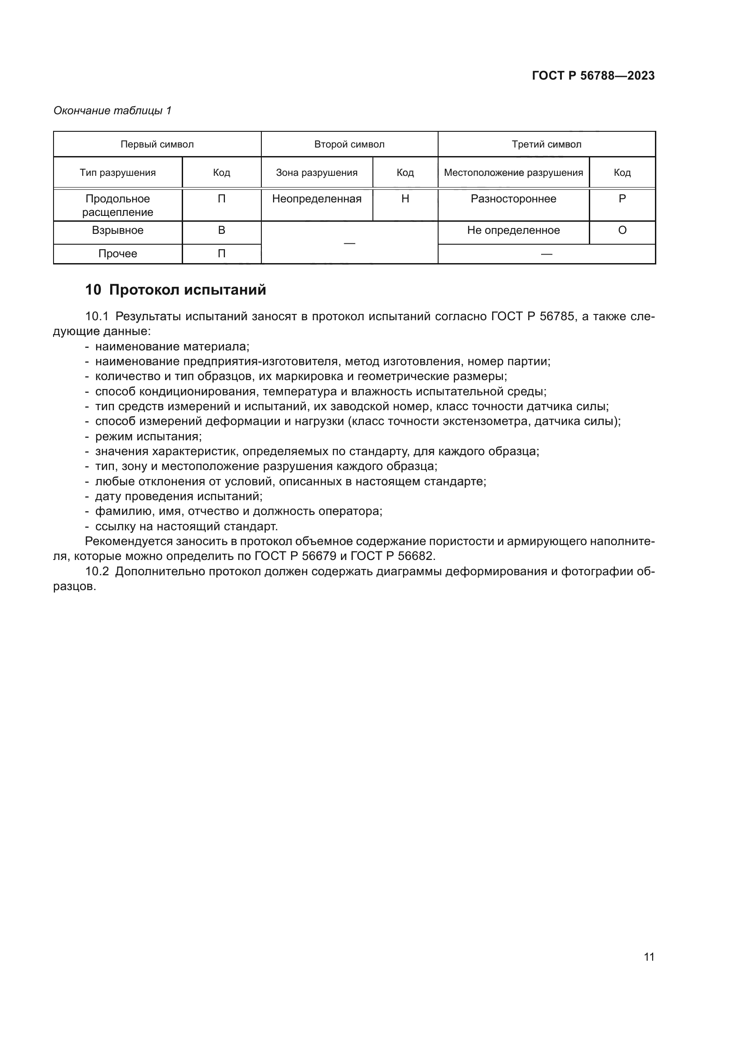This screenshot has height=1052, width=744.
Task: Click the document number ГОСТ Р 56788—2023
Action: click(593, 76)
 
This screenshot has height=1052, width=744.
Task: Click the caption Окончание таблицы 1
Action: click(112, 111)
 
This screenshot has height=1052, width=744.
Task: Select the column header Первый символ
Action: click(157, 144)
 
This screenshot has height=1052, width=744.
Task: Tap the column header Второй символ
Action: click(349, 144)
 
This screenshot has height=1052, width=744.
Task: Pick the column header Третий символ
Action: click(546, 144)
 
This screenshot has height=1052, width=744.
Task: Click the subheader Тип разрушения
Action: click(118, 173)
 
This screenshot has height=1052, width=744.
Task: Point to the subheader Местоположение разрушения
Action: click(513, 173)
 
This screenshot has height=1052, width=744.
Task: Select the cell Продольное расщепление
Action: click(118, 205)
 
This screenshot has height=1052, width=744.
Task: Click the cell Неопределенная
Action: click(317, 199)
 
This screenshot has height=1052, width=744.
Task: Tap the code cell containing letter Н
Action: click(405, 199)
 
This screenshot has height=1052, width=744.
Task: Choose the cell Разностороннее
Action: click(513, 199)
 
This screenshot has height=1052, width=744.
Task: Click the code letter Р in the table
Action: click(622, 199)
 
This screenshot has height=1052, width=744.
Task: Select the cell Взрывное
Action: click(118, 230)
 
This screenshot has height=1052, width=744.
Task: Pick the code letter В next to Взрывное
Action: click(221, 230)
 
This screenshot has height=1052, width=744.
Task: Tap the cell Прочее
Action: click(118, 254)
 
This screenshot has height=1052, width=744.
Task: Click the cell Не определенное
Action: click(513, 230)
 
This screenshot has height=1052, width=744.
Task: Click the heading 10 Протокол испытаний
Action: click(175, 290)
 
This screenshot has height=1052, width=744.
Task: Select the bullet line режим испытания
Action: click(148, 436)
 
